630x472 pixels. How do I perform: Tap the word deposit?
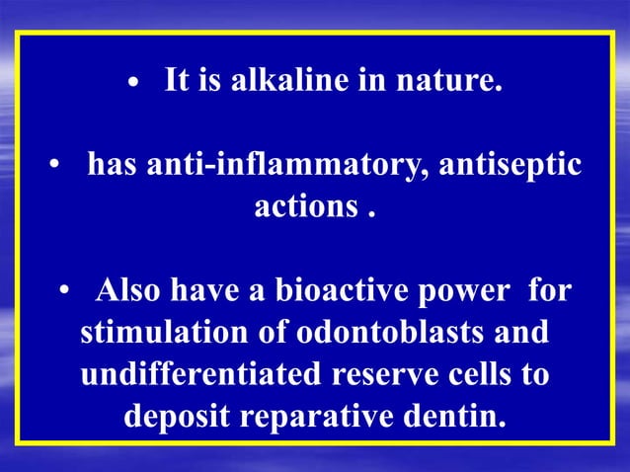[x=178, y=419]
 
